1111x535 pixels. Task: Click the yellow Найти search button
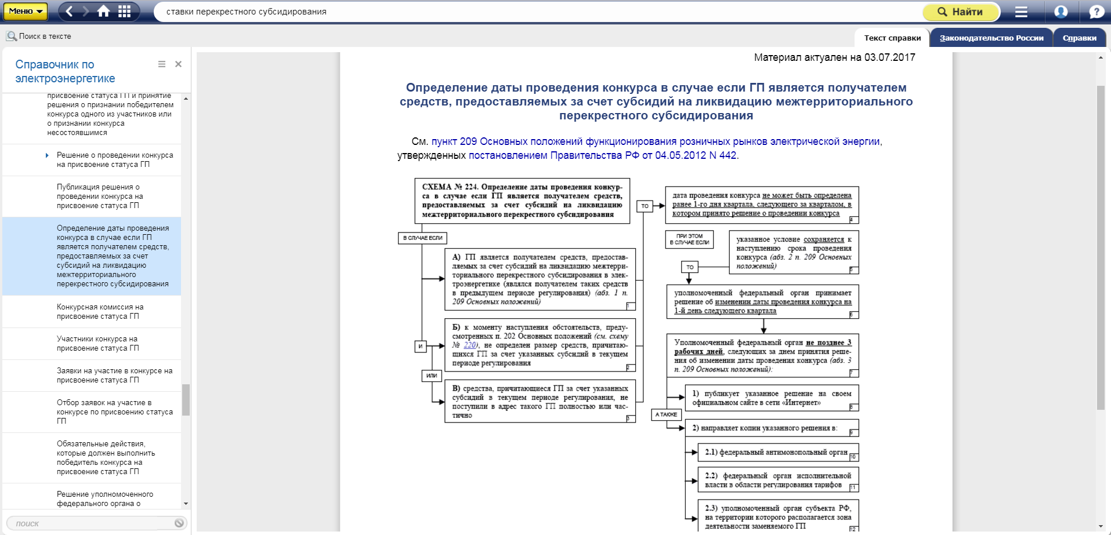[961, 12]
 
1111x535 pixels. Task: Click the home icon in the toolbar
[104, 12]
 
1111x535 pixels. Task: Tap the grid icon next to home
[124, 12]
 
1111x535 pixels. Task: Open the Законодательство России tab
[991, 38]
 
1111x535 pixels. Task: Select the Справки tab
[1079, 38]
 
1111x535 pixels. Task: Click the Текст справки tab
[892, 38]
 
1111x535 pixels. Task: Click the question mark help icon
[1096, 12]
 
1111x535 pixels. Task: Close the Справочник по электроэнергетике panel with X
[178, 64]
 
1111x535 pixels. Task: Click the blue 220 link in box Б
[469, 345]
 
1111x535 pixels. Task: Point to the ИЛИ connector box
[432, 376]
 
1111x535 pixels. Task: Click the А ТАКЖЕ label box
[666, 414]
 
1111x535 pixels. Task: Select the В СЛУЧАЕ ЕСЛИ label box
[422, 238]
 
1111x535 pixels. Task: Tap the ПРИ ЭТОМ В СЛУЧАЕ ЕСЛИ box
[689, 239]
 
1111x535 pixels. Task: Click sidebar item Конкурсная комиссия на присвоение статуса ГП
[100, 312]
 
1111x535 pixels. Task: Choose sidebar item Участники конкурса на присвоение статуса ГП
[97, 344]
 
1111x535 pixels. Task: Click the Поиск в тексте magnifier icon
[12, 37]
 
